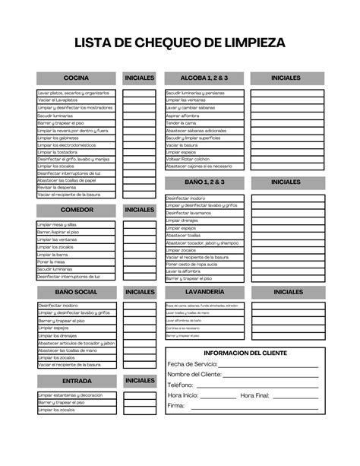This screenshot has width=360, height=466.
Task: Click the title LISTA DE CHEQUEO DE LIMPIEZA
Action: pyautogui.click(x=180, y=43)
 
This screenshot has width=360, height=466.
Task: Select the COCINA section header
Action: pyautogui.click(x=76, y=78)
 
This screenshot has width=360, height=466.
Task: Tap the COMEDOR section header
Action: pyautogui.click(x=76, y=210)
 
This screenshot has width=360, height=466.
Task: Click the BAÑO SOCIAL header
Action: pyautogui.click(x=76, y=292)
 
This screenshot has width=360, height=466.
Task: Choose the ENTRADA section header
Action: pyautogui.click(x=76, y=381)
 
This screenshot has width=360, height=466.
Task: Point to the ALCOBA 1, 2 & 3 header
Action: pyautogui.click(x=204, y=78)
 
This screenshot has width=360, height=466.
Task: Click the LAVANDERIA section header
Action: pyautogui.click(x=204, y=292)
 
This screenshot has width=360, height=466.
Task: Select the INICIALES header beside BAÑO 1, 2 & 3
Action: pyautogui.click(x=286, y=182)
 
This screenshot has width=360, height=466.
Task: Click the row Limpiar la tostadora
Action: pyautogui.click(x=76, y=151)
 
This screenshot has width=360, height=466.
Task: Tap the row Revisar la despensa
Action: pyautogui.click(x=76, y=187)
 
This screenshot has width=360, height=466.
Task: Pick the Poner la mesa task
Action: pyautogui.click(x=76, y=262)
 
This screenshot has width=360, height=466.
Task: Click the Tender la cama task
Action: pyautogui.click(x=204, y=122)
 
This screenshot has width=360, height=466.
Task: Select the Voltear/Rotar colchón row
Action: pyautogui.click(x=204, y=159)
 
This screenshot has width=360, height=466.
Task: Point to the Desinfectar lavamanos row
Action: pyautogui.click(x=204, y=213)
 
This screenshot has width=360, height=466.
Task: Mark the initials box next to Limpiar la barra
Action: pyautogui.click(x=139, y=254)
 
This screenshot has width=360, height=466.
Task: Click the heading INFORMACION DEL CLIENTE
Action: pyautogui.click(x=245, y=353)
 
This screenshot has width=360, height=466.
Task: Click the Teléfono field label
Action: pyautogui.click(x=181, y=385)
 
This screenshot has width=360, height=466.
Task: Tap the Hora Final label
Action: pyautogui.click(x=254, y=396)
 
